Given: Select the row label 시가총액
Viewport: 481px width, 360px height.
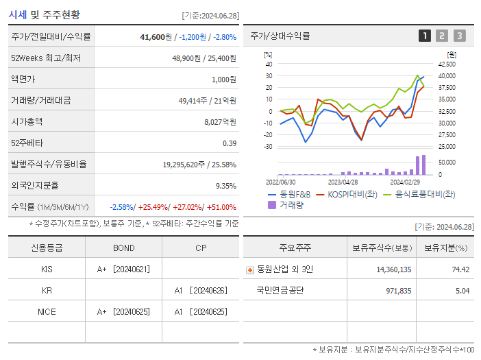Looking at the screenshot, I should (27, 121).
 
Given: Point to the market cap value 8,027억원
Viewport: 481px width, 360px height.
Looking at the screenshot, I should (220, 121).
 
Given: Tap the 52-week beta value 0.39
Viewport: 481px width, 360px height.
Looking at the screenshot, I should (230, 143).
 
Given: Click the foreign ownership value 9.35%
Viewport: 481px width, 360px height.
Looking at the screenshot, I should (225, 185).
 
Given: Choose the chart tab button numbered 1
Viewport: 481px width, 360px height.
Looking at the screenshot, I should (425, 36).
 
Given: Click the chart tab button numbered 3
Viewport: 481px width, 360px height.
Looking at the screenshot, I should (459, 36).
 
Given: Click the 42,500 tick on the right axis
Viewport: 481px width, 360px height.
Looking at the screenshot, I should (445, 64).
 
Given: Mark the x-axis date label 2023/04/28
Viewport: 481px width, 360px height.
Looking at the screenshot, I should (343, 182).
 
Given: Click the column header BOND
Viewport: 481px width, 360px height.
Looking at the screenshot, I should (123, 248).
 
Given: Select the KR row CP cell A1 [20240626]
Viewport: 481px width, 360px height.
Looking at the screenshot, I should (200, 290).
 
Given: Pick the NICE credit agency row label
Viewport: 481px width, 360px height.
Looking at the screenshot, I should (47, 311).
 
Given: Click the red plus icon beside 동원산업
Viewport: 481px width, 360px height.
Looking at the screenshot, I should (249, 269).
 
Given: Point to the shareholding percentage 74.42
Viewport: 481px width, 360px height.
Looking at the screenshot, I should (460, 269).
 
